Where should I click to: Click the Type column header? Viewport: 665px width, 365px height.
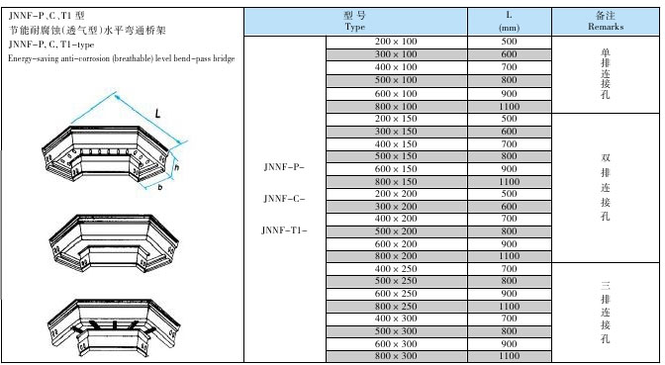point(355,21)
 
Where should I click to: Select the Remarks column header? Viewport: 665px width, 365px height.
point(606,21)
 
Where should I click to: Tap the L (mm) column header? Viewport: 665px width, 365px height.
point(510,21)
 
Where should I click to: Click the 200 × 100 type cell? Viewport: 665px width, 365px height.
point(396,42)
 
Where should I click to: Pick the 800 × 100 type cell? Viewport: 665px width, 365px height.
point(396,107)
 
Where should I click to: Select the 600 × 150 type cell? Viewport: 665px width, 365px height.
point(396,169)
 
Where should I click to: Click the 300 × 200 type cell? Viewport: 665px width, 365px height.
point(396,207)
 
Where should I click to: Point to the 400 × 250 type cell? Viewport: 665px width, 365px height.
point(396,269)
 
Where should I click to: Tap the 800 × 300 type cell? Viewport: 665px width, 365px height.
point(396,356)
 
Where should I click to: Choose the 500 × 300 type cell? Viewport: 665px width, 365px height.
point(396,331)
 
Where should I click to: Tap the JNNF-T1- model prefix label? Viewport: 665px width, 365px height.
point(284,230)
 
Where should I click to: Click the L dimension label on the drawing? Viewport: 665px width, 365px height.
point(157,113)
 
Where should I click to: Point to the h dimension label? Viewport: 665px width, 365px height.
point(177,167)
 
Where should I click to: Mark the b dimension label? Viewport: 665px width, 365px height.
point(160,187)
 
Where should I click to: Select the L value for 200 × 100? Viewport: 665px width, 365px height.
point(509,42)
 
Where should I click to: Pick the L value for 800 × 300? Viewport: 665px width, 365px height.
point(509,356)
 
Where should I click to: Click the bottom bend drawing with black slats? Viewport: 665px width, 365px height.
point(115,326)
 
